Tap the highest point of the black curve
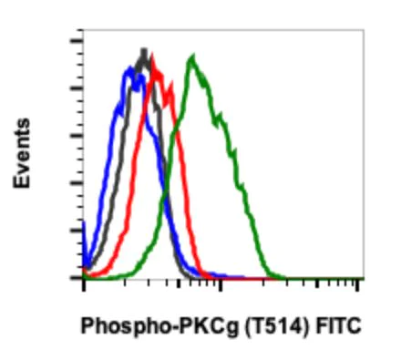pos(143,51)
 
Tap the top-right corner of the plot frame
pos(364,30)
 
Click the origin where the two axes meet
pos(84,277)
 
